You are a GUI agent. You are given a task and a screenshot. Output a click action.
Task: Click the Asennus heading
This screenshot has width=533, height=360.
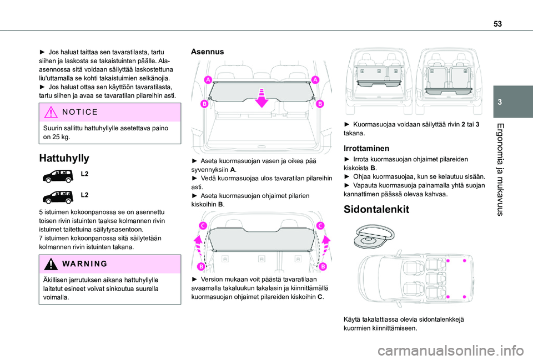pos(208,51)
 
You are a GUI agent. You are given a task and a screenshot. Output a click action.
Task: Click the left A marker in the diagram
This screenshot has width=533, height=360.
pos(208,80)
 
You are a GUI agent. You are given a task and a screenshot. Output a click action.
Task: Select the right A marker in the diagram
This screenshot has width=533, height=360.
pos(315,80)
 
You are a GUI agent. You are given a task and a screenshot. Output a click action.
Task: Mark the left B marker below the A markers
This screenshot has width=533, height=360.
pos(204,103)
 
